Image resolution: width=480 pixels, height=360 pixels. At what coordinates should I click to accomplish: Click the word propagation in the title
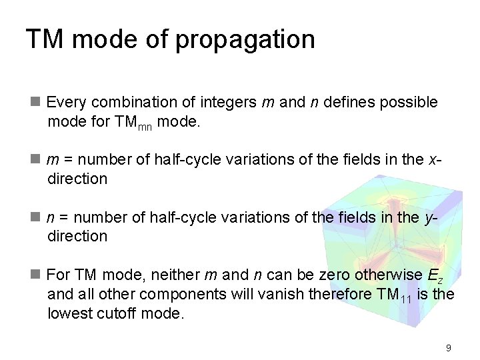(245, 40)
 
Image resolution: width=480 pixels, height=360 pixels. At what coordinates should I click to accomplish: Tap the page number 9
(449, 347)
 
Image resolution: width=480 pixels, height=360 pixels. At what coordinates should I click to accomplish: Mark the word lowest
(69, 313)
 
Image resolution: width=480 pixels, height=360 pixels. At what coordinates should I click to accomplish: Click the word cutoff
(117, 313)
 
